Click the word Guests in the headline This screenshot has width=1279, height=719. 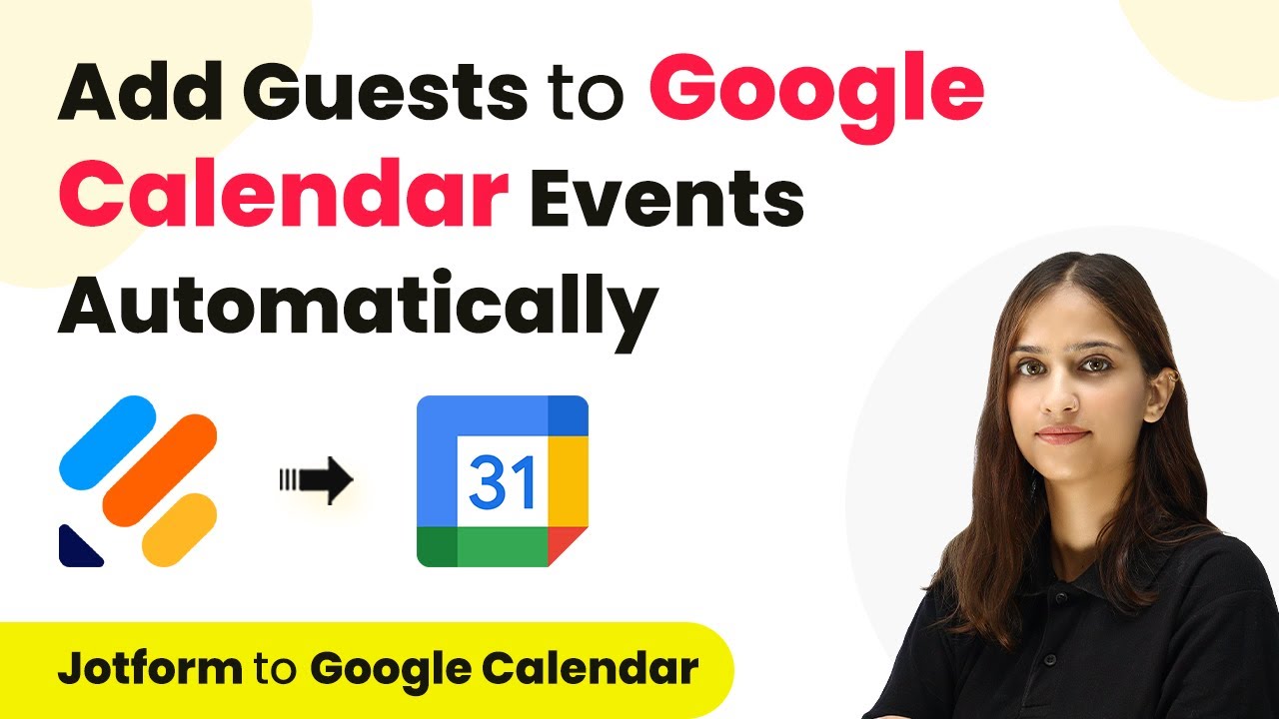385,92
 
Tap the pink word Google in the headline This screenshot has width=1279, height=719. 817,97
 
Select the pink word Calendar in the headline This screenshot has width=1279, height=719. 283,195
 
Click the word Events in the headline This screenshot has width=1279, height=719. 666,198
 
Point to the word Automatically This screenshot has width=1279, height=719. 358,309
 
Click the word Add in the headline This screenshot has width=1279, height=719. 140,92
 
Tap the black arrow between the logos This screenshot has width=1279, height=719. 317,480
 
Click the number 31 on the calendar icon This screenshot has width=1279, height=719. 502,482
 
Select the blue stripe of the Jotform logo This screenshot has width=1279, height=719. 108,442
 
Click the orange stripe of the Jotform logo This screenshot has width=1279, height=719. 160,470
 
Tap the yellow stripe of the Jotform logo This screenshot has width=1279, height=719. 179,530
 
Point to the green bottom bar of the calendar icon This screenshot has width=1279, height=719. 483,546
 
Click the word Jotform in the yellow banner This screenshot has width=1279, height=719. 150,668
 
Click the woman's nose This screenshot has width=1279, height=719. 1060,399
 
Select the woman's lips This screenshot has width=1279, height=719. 1062,434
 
